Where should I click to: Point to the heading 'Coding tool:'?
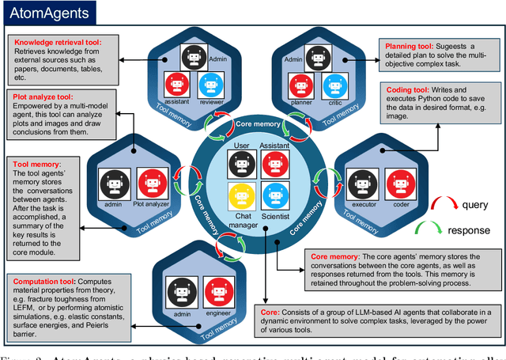406,89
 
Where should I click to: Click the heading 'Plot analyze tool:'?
49,97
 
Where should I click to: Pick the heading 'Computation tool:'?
45,279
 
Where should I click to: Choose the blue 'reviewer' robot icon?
208,85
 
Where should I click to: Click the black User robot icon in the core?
240,164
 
